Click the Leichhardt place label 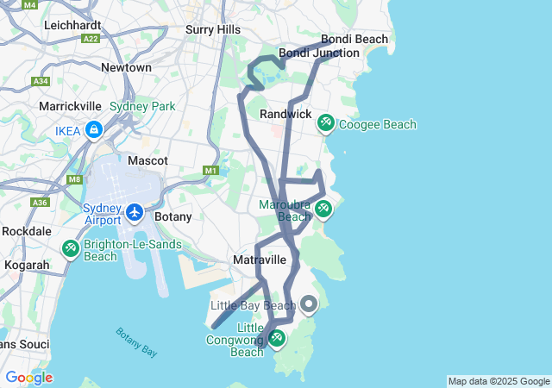pyautogui.click(x=75, y=25)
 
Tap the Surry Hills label pyautogui.click(x=213, y=29)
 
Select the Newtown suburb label pyautogui.click(x=126, y=67)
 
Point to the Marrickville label pyautogui.click(x=70, y=106)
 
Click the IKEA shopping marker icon pyautogui.click(x=93, y=131)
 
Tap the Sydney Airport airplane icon pyautogui.click(x=135, y=211)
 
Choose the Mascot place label pyautogui.click(x=147, y=160)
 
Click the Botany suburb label pyautogui.click(x=172, y=216)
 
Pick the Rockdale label pyautogui.click(x=27, y=231)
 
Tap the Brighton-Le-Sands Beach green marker pyautogui.click(x=70, y=248)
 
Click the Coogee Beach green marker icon pyautogui.click(x=325, y=123)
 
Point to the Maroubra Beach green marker pyautogui.click(x=323, y=209)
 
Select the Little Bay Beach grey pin pyautogui.click(x=309, y=305)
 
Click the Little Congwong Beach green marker pyautogui.click(x=277, y=338)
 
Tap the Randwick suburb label pyautogui.click(x=285, y=114)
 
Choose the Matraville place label pyautogui.click(x=260, y=260)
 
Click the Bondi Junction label pyautogui.click(x=318, y=53)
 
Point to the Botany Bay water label pyautogui.click(x=136, y=341)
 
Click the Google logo pyautogui.click(x=28, y=378)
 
